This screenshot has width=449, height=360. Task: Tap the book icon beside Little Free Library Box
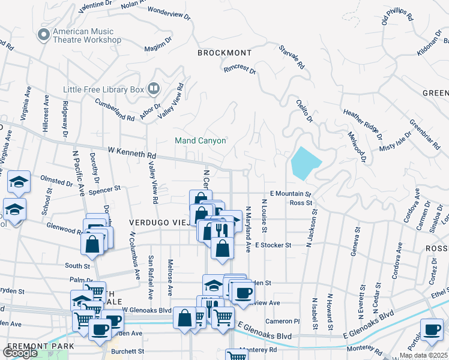(x=154, y=89)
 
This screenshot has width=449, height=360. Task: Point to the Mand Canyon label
(x=200, y=141)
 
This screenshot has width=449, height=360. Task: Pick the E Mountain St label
(x=291, y=194)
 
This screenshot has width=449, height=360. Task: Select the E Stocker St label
(x=273, y=245)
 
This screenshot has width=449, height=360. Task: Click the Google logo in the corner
(x=20, y=353)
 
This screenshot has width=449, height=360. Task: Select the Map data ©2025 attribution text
(x=423, y=355)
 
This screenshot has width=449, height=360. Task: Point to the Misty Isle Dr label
(x=395, y=142)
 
